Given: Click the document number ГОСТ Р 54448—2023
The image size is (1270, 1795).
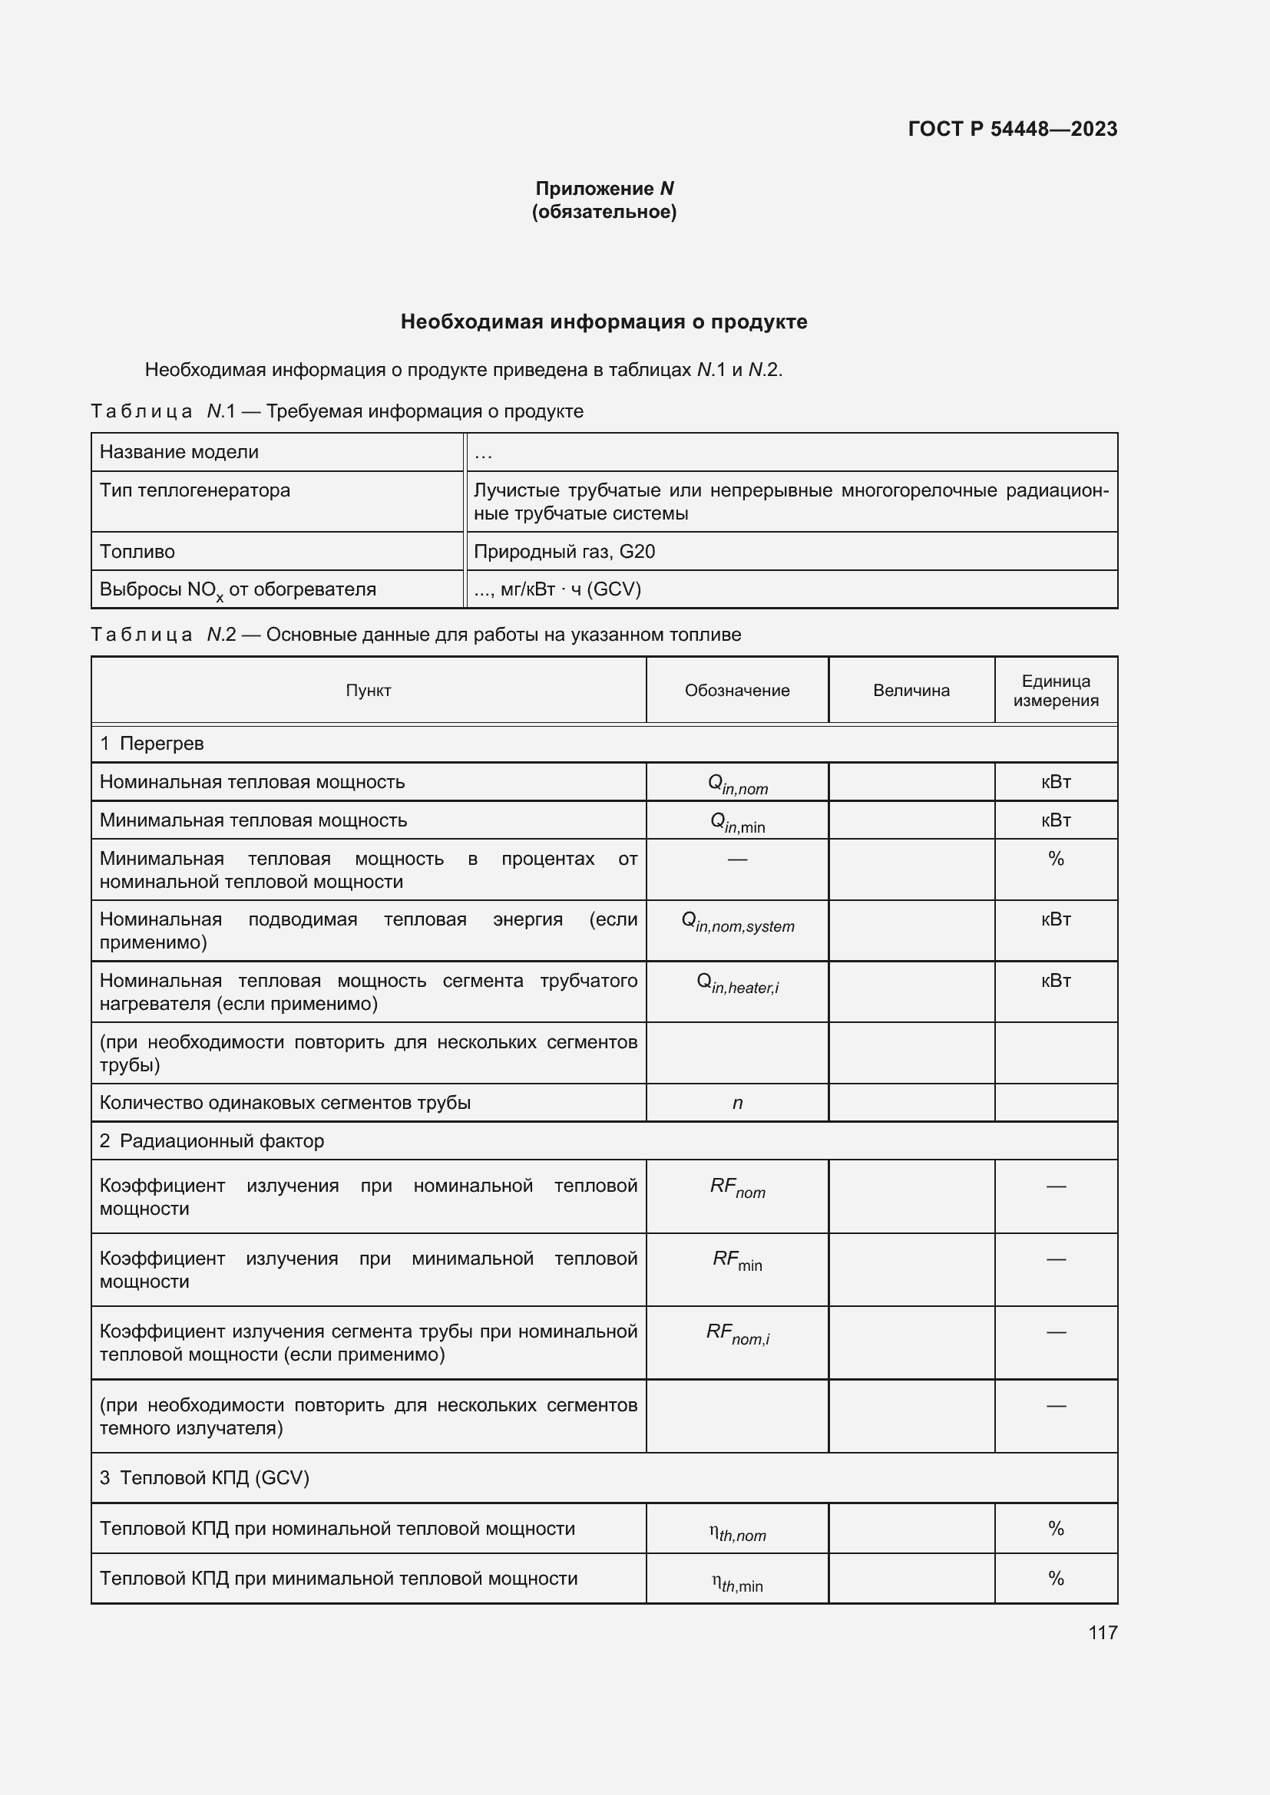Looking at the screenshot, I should pyautogui.click(x=1012, y=129).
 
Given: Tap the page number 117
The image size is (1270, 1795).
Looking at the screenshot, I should pyautogui.click(x=1102, y=1632).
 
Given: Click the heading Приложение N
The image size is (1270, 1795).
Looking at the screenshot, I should pyautogui.click(x=604, y=189).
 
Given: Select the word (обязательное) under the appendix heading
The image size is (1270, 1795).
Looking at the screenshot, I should pyautogui.click(x=604, y=212).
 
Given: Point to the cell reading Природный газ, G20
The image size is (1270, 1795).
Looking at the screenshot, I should pyautogui.click(x=564, y=552).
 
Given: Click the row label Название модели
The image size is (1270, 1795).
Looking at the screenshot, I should pyautogui.click(x=179, y=452).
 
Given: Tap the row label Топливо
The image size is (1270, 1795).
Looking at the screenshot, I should pyautogui.click(x=137, y=552).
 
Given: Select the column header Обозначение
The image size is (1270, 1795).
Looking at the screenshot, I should pyautogui.click(x=736, y=691).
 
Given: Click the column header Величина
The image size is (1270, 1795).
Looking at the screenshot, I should pyautogui.click(x=911, y=691).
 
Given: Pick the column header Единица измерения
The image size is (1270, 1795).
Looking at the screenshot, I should pyautogui.click(x=1055, y=691).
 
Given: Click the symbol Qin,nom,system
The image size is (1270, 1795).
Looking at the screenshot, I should pyautogui.click(x=736, y=922).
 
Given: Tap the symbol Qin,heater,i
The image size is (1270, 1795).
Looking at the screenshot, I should pyautogui.click(x=736, y=984).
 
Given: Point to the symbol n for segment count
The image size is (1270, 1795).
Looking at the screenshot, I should pyautogui.click(x=736, y=1103).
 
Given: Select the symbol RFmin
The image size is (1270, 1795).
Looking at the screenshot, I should pyautogui.click(x=736, y=1260).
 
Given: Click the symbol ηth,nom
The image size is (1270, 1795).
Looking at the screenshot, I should pyautogui.click(x=736, y=1533).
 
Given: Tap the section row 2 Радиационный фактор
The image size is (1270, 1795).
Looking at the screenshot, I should pyautogui.click(x=211, y=1141).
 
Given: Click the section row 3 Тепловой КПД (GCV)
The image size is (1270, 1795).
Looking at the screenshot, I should pyautogui.click(x=204, y=1477).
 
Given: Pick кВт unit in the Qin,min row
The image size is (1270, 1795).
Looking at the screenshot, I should pyautogui.click(x=1055, y=820).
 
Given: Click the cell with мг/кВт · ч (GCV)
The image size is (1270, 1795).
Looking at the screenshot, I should pyautogui.click(x=557, y=589).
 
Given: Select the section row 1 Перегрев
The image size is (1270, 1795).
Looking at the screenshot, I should pyautogui.click(x=152, y=744).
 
